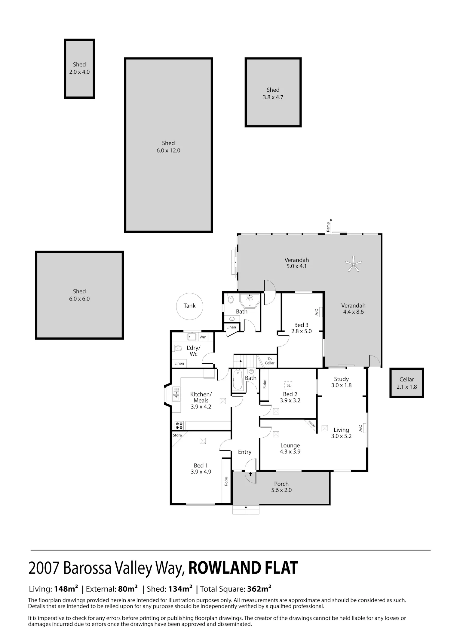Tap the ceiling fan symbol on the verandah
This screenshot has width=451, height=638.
tap(353, 264)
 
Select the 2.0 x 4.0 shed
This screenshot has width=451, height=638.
tap(79, 69)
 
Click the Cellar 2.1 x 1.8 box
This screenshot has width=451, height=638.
tap(407, 383)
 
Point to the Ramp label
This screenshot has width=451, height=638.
tap(328, 227)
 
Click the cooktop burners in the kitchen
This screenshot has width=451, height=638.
tap(179, 425)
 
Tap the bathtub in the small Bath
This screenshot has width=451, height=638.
tap(238, 380)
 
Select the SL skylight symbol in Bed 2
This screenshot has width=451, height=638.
tap(289, 385)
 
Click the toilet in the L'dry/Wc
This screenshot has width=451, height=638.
tap(178, 348)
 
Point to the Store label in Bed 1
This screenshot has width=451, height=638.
tap(177, 435)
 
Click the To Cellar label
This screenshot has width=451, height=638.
tap(270, 361)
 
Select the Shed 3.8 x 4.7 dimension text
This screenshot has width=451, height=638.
tap(273, 97)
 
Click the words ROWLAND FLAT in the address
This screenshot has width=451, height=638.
tap(243, 568)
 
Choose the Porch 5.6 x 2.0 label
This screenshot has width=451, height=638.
tap(281, 487)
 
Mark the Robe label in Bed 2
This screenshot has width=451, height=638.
tap(265, 384)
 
